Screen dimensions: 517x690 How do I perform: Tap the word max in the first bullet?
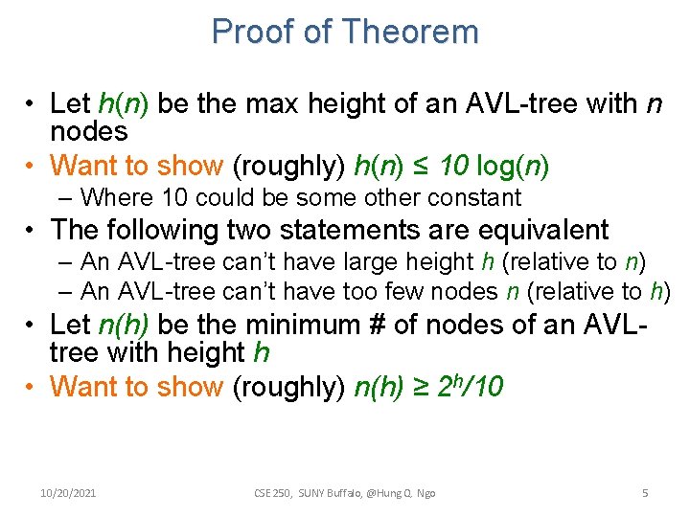coord(254,102)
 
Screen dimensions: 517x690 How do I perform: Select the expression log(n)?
coord(513,166)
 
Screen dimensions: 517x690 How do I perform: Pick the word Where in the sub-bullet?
coord(111,198)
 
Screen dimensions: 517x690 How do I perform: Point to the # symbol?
coord(380,325)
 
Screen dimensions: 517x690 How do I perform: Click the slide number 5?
coord(645,493)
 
